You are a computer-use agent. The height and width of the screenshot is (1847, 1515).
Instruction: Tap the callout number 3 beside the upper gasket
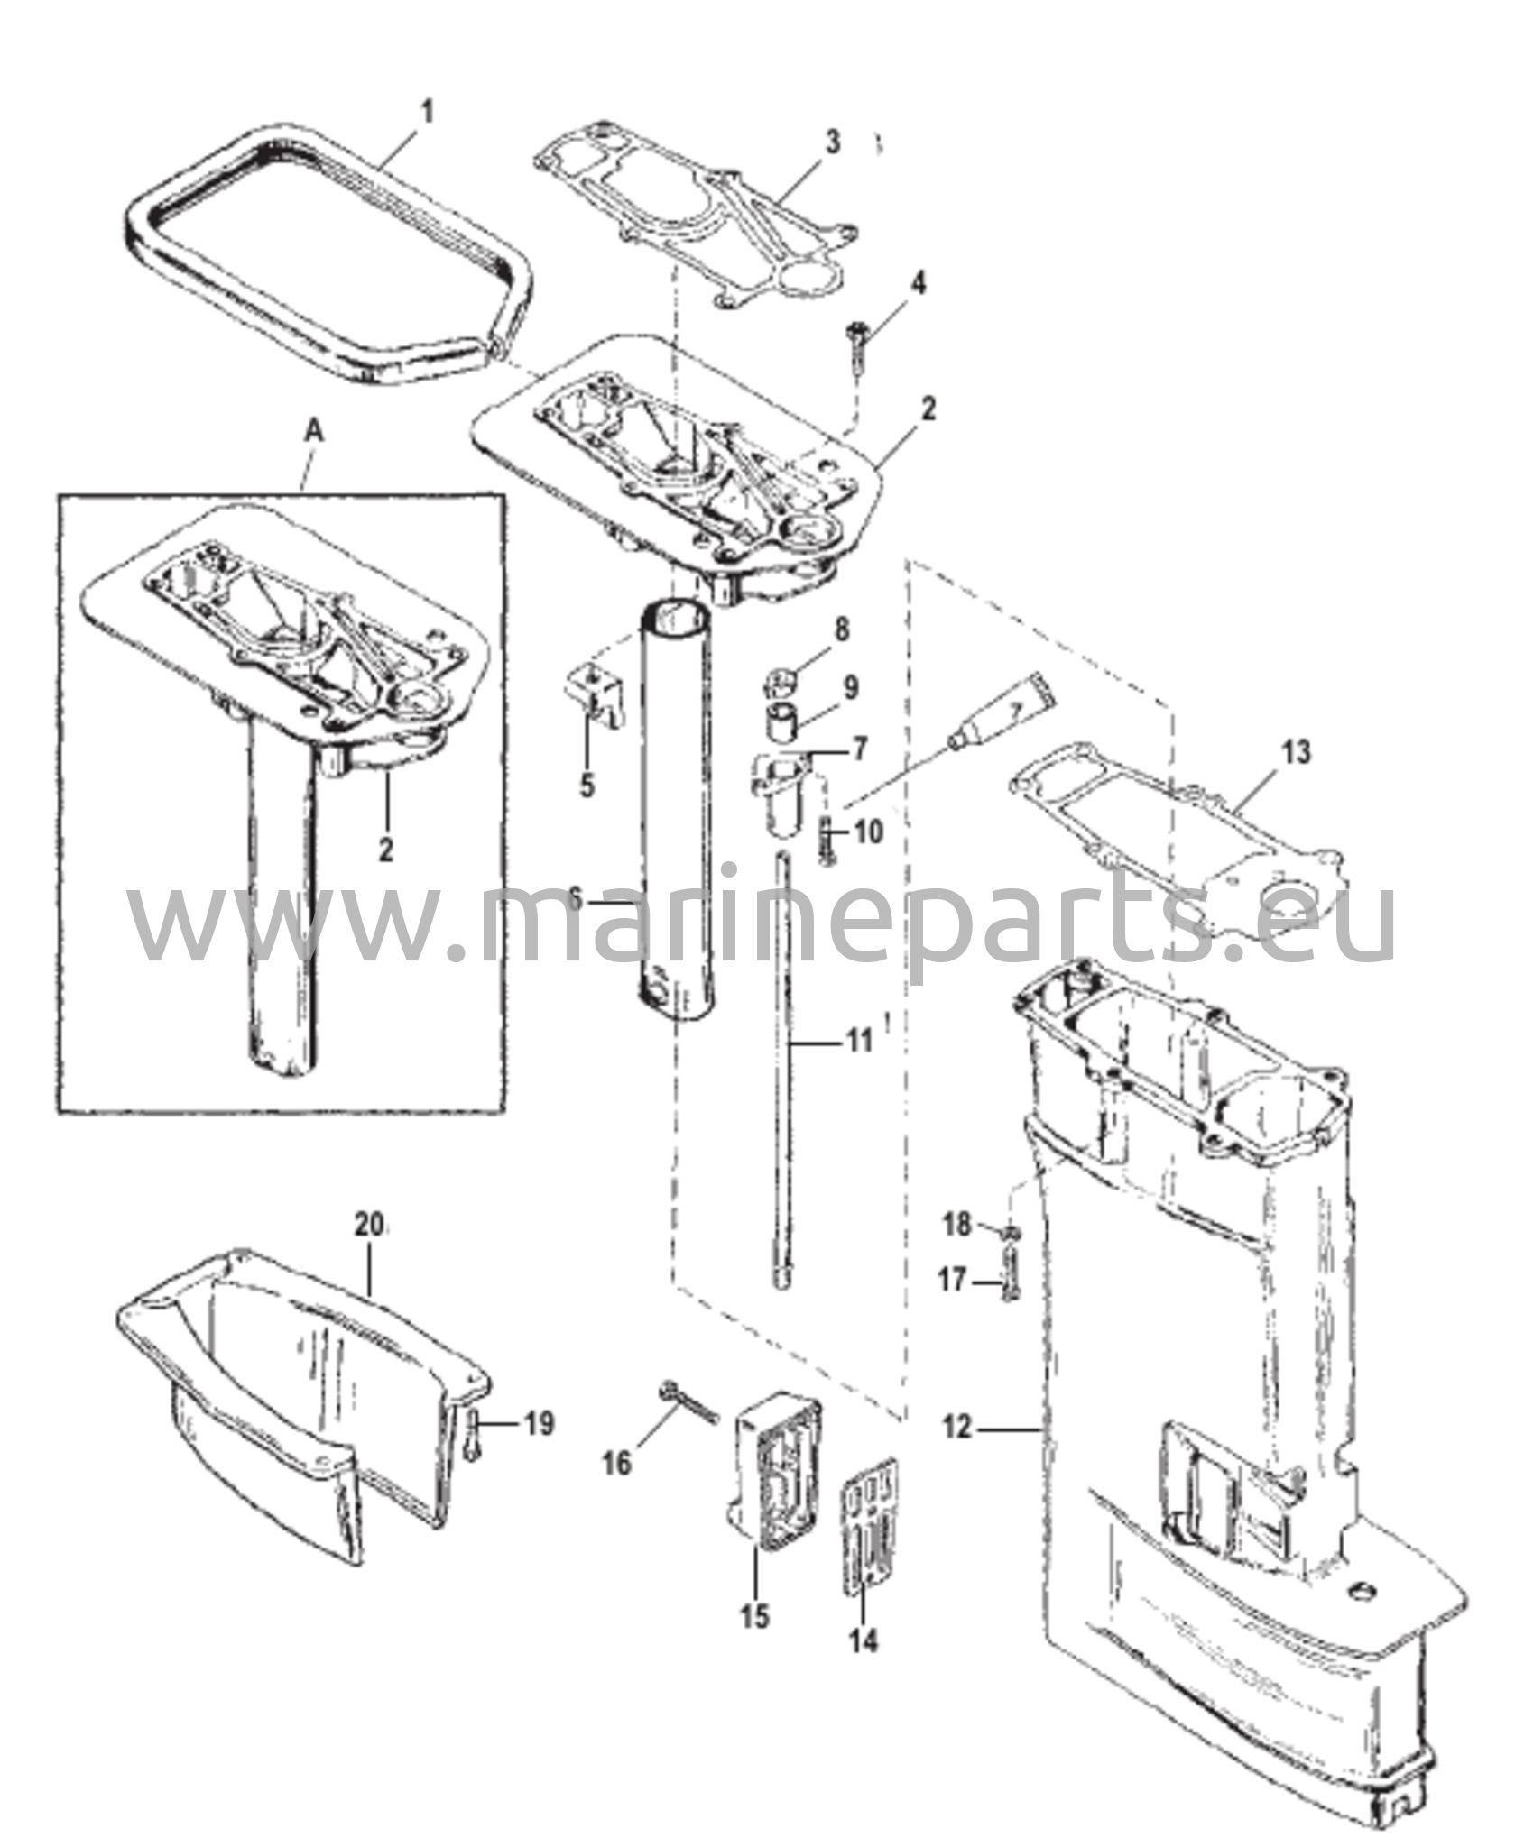pos(832,142)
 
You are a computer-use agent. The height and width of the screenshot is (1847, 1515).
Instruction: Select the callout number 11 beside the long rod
pos(858,1043)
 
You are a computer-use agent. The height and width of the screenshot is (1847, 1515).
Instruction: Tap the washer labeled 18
pos(1012,1231)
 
